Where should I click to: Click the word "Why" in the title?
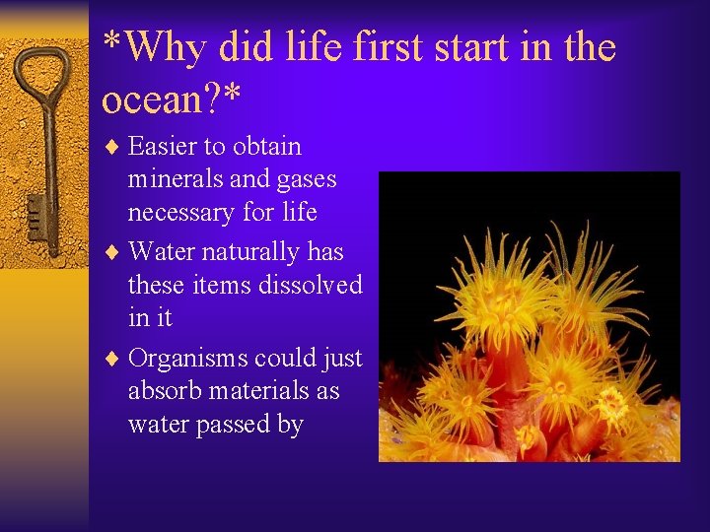coord(168,47)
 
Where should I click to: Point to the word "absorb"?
coord(162,391)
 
